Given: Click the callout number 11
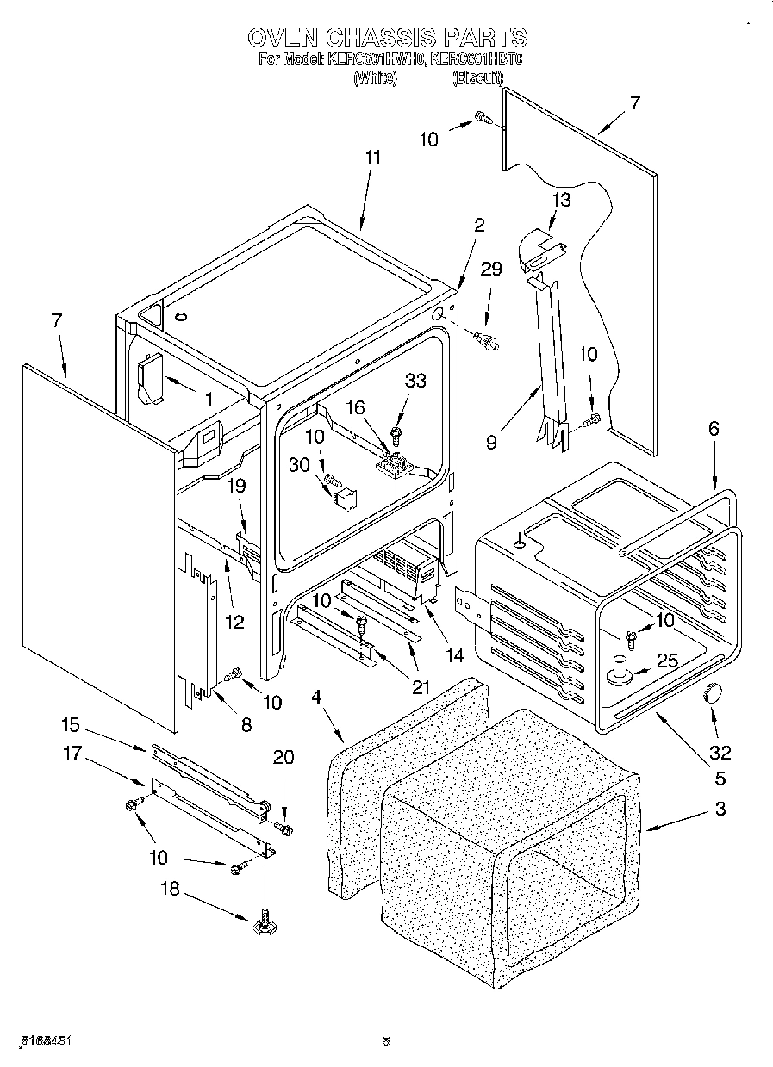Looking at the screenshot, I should coord(372,158).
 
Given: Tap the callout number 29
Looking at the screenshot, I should coord(490,270).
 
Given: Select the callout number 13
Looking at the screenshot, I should coord(561,201).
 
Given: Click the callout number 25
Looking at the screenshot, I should coord(667,661).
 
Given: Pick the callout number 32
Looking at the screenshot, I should coord(720,752).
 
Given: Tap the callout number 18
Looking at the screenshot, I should coord(171,888).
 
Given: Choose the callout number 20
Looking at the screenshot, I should coord(283,758).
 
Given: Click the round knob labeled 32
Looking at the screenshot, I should coord(713,692).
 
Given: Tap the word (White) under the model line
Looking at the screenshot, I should coord(375,78).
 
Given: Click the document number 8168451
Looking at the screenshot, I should coord(44,1040).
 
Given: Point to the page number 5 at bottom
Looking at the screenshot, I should coord(386,1041).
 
